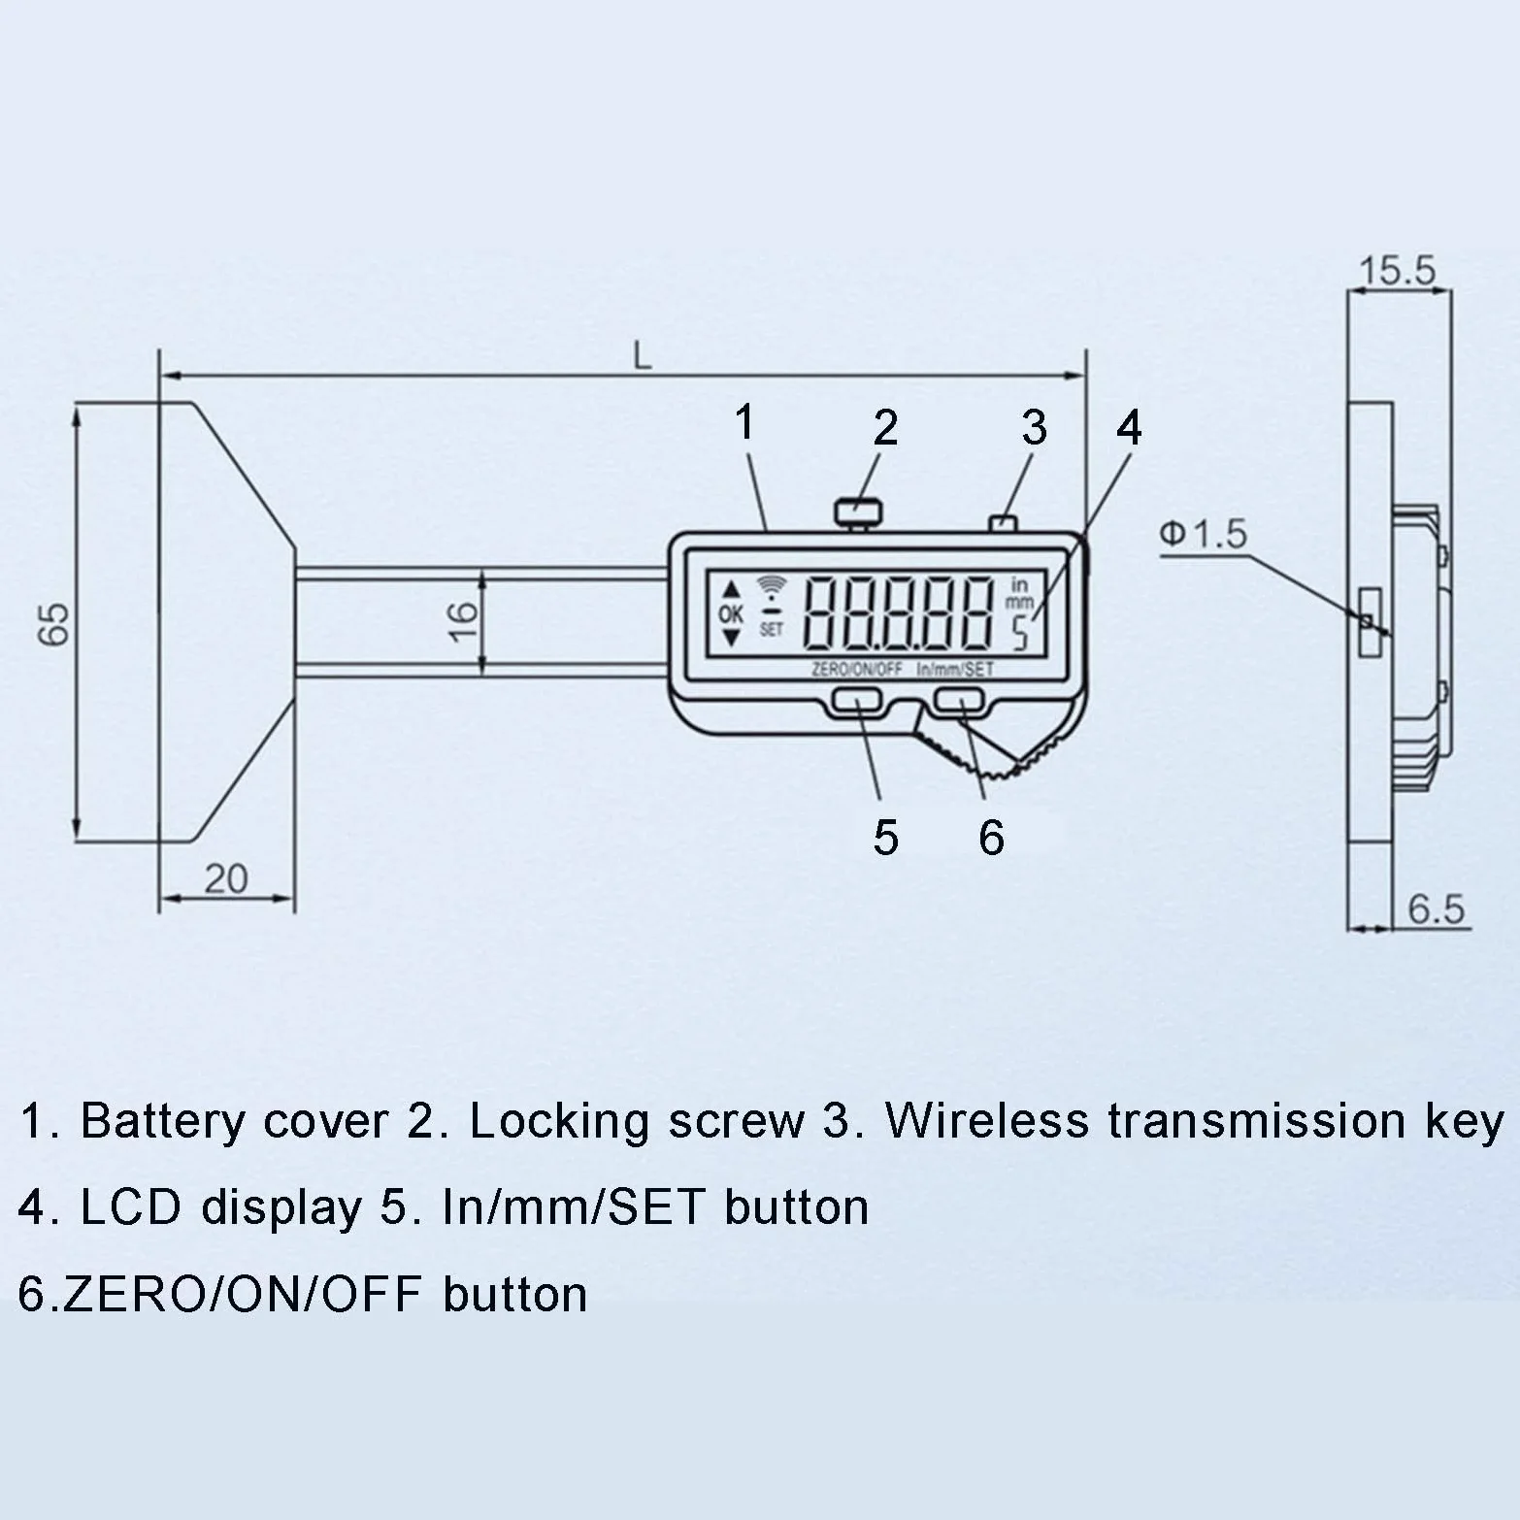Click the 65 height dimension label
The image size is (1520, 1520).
click(x=54, y=624)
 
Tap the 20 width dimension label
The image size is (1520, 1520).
click(x=226, y=878)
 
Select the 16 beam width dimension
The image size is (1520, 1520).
click(x=463, y=620)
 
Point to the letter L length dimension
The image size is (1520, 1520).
click(x=642, y=356)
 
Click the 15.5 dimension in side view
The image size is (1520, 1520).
click(x=1397, y=271)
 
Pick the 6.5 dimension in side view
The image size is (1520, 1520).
click(x=1436, y=909)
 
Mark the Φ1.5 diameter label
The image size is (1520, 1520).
click(x=1203, y=534)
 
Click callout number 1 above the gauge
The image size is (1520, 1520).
click(x=744, y=423)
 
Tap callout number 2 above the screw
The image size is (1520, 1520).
click(x=885, y=428)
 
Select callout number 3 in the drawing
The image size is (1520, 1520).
click(x=1035, y=428)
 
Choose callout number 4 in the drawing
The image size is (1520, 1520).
click(x=1129, y=428)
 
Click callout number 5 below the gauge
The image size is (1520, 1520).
click(x=885, y=838)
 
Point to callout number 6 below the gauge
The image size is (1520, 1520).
click(x=991, y=838)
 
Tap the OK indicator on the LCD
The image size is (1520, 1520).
click(x=730, y=613)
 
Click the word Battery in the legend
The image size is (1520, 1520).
click(x=163, y=1121)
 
